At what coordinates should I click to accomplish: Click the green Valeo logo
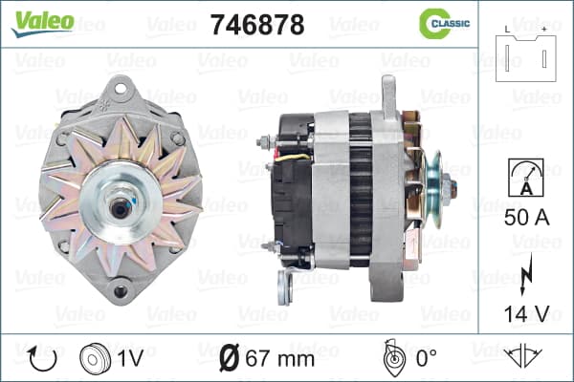tap(42, 23)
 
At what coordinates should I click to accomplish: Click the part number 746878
tap(257, 25)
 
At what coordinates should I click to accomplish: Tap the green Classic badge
tap(445, 23)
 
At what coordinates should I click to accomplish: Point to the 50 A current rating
tap(526, 218)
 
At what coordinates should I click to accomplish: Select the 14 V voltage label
tap(526, 313)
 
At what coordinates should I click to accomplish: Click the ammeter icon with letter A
tap(526, 178)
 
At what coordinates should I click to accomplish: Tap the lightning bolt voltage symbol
tap(526, 274)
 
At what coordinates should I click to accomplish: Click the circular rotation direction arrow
tap(42, 359)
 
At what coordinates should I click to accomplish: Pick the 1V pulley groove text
tap(130, 359)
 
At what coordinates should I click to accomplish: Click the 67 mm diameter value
tap(280, 359)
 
